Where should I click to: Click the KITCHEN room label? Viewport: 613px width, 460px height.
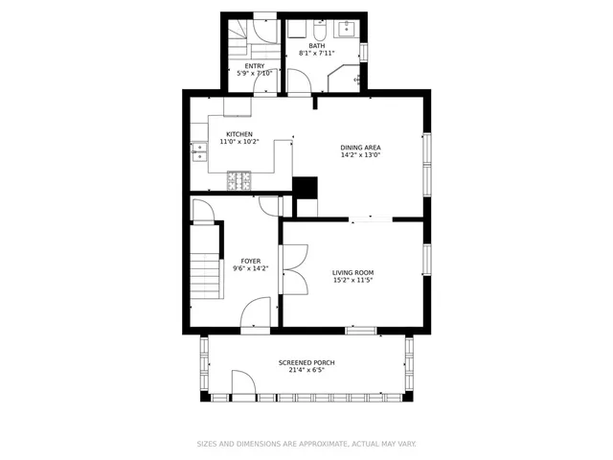[x=238, y=134]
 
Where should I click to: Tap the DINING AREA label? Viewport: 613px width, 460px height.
[x=360, y=148]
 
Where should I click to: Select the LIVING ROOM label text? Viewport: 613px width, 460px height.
[x=352, y=272]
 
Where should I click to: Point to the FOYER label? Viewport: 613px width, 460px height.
[x=251, y=261]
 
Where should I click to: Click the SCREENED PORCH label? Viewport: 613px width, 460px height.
[x=306, y=362]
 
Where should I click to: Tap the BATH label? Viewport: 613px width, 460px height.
[x=316, y=45]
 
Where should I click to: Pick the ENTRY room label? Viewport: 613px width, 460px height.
[x=255, y=65]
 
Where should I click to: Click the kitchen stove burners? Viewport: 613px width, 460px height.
[x=238, y=179]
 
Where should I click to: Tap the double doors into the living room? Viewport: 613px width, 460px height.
[x=294, y=269]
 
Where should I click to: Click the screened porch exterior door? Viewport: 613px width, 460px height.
[x=242, y=387]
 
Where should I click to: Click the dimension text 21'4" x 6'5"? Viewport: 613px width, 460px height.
[x=306, y=371]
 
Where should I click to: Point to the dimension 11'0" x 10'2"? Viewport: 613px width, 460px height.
[x=238, y=142]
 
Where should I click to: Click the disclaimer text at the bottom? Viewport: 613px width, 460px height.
[x=306, y=444]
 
